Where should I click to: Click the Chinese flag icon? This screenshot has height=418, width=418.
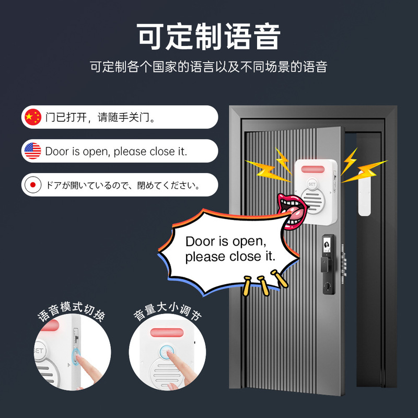[x=32, y=117]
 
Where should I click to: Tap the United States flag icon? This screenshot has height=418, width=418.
[x=32, y=151]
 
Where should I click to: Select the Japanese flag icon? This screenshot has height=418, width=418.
[x=32, y=184]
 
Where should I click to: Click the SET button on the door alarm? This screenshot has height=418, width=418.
[x=312, y=184]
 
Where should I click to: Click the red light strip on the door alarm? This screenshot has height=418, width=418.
[x=315, y=170]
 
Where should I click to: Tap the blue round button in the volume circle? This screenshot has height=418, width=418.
[x=167, y=352]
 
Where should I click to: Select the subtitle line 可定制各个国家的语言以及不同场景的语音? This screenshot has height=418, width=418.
[x=209, y=67]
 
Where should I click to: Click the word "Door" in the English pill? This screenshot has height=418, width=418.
[x=57, y=152]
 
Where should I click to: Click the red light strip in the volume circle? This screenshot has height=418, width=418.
[x=167, y=333]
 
